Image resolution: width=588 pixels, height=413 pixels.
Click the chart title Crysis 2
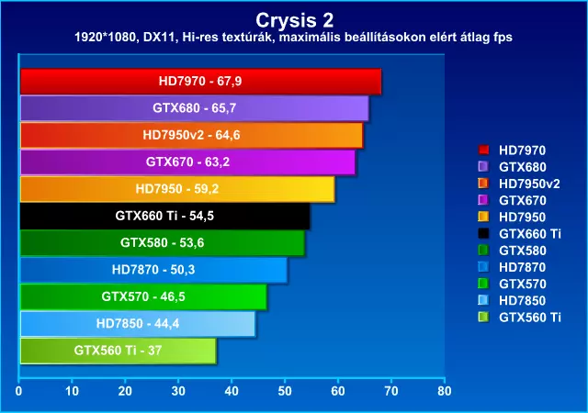(x=294, y=20)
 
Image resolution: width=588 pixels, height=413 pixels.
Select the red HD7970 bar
(x=200, y=82)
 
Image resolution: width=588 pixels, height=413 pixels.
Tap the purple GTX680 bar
(x=194, y=108)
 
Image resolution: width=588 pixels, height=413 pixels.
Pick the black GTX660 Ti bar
(x=165, y=216)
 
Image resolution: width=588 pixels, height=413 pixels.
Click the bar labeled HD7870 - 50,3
(x=153, y=270)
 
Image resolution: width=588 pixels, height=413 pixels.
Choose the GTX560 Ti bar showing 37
(x=119, y=351)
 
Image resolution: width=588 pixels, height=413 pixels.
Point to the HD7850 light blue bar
(x=138, y=324)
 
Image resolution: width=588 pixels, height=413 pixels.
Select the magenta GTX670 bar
(x=187, y=162)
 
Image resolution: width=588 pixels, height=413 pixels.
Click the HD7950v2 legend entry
(x=519, y=184)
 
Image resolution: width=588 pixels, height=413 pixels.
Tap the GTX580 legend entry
(x=513, y=251)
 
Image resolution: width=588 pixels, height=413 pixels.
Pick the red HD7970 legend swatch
(x=484, y=150)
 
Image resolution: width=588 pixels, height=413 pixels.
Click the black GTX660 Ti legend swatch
(x=484, y=233)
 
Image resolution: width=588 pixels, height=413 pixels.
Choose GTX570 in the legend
(x=513, y=284)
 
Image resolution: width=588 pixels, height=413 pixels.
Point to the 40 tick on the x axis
(x=232, y=391)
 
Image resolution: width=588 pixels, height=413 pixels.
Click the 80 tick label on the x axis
(x=445, y=391)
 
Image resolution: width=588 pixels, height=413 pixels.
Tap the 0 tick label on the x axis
(x=18, y=391)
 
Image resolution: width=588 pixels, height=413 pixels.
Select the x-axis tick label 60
(x=338, y=391)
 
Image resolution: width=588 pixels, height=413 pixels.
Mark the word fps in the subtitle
(x=503, y=38)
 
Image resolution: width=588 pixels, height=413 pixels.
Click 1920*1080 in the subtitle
(x=107, y=38)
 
